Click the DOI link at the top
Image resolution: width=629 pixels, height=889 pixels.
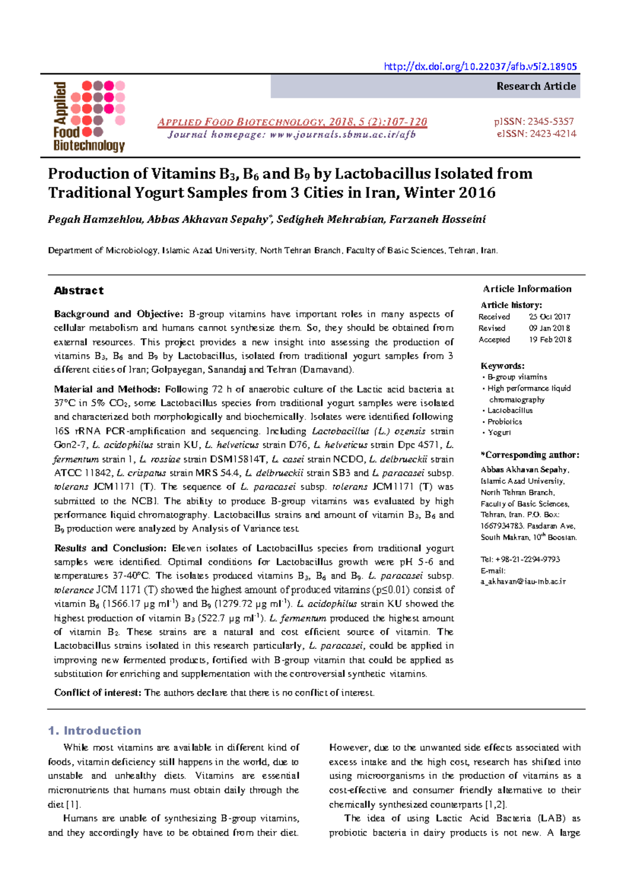click(x=480, y=67)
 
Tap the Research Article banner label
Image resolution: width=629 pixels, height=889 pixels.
click(x=536, y=86)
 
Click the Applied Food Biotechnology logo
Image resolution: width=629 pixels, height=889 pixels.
click(x=89, y=116)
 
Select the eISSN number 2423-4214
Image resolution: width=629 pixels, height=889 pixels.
click(x=553, y=134)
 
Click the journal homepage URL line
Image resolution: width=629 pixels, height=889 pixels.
click(x=291, y=135)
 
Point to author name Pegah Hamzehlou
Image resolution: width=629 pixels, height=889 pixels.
click(x=95, y=219)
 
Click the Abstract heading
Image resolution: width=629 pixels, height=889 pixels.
click(x=79, y=290)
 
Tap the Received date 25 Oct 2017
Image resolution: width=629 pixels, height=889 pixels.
click(x=549, y=317)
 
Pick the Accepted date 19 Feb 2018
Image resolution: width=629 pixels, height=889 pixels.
click(x=550, y=340)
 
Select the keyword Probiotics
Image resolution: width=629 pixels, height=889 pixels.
click(x=504, y=421)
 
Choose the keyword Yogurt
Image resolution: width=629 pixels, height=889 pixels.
click(x=499, y=432)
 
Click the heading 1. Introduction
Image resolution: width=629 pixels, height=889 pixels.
click(x=94, y=730)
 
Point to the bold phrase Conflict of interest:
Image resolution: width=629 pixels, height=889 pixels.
click(x=97, y=692)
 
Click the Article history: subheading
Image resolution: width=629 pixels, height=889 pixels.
click(x=511, y=305)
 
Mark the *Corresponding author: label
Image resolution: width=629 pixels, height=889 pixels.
click(x=529, y=455)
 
